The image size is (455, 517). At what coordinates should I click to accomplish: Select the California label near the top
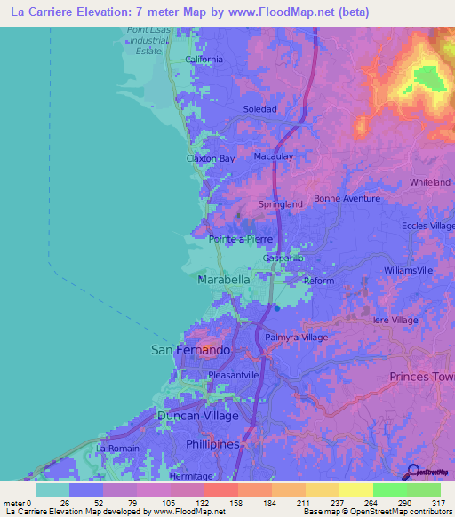pyautogui.click(x=204, y=60)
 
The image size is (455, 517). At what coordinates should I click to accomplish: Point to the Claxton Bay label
pyautogui.click(x=210, y=159)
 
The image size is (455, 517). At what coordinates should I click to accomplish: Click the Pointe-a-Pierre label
pyautogui.click(x=240, y=239)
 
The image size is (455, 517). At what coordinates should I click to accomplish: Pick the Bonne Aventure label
pyautogui.click(x=346, y=199)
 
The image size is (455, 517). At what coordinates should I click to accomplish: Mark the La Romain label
pyautogui.click(x=118, y=449)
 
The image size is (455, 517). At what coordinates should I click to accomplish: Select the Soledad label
pyautogui.click(x=260, y=109)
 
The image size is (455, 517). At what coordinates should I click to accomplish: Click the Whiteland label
pyautogui.click(x=430, y=182)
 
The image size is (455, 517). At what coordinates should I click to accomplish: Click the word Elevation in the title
pyautogui.click(x=101, y=12)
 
